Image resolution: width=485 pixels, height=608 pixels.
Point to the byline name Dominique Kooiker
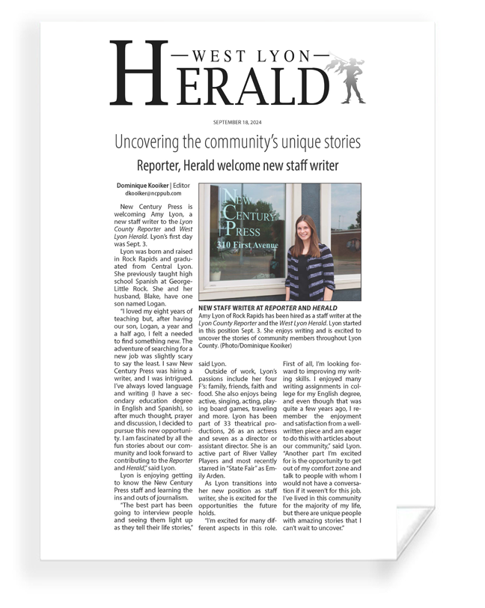click(x=143, y=185)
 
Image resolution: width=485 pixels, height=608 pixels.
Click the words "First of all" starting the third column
click(x=299, y=363)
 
